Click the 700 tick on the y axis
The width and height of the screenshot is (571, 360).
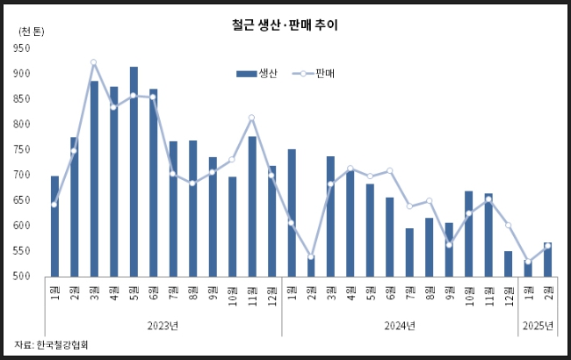coord(23,176)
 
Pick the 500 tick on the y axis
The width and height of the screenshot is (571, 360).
coord(23,277)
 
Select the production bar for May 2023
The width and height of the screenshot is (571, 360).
coord(134,171)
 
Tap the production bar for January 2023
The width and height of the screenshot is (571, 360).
coord(54,226)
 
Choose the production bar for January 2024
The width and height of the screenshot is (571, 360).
coord(292,212)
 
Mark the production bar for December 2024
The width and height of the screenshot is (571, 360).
coord(508,263)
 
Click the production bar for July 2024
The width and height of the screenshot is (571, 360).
coord(409,252)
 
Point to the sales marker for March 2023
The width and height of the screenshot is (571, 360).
coord(93,62)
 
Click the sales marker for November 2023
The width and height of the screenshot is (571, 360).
coord(252,118)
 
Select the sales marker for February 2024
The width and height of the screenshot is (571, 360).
coord(311,256)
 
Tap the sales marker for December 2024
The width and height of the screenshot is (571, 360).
coord(508,226)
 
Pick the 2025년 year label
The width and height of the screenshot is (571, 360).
coord(538,326)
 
